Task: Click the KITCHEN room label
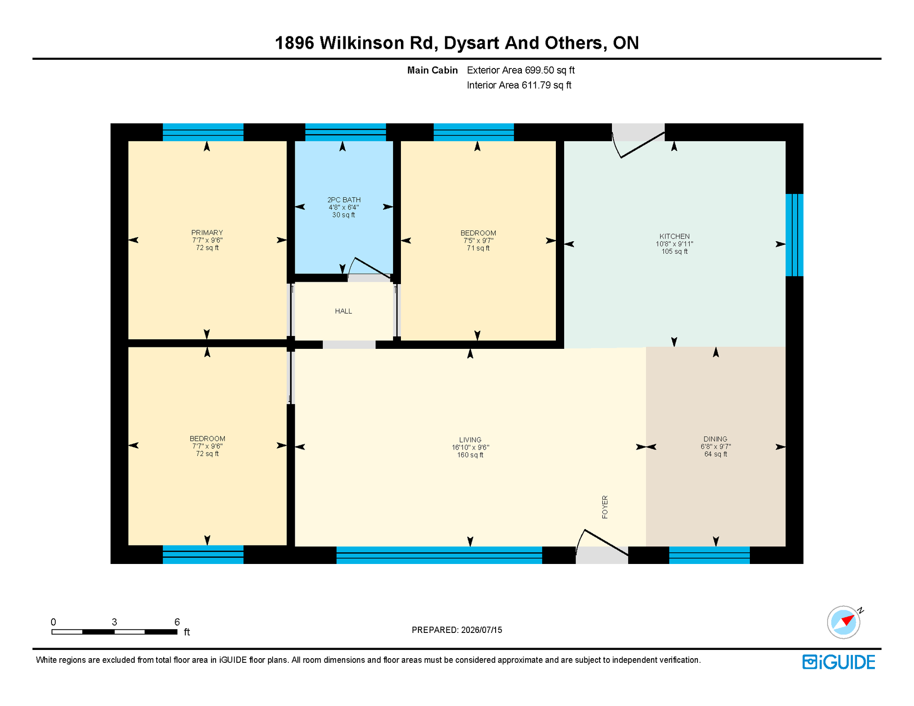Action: pos(674,236)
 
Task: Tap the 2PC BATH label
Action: pos(344,200)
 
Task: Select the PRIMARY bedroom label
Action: pos(207,233)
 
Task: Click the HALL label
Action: pos(343,311)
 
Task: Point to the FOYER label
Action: pos(605,507)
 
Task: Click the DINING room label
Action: pos(715,439)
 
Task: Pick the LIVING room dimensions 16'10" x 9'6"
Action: pos(470,447)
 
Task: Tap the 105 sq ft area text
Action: pos(674,251)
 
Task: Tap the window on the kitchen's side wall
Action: pos(794,235)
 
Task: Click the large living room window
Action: pos(439,555)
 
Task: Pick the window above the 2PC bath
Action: pos(346,132)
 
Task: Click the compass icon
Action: pos(844,622)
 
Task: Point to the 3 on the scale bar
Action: pos(114,622)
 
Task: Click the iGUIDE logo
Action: pos(839,662)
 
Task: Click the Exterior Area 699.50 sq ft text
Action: pos(521,70)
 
